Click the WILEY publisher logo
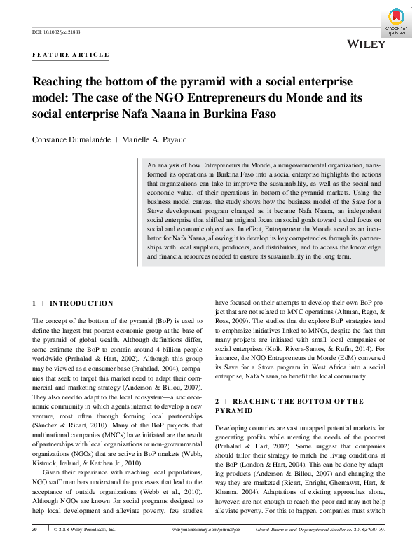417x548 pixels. [366, 43]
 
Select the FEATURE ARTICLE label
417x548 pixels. [71, 55]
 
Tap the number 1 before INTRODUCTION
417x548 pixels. [34, 303]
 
